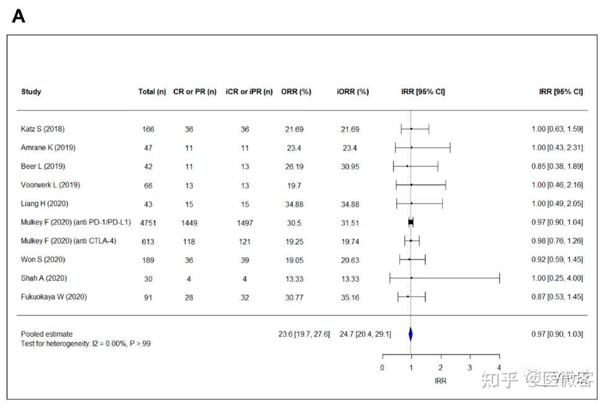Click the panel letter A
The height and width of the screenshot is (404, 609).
19,17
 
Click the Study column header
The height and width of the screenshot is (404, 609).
31,92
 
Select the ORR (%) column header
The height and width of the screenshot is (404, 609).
296,92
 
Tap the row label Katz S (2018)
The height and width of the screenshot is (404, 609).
43,129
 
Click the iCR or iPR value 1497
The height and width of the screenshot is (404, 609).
245,223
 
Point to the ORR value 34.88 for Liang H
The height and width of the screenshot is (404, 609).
295,204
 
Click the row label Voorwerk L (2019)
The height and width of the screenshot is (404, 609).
50,185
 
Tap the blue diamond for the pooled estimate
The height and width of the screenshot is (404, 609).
411,334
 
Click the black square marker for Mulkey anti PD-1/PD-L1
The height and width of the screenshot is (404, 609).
411,222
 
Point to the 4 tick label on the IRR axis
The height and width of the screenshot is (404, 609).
499,367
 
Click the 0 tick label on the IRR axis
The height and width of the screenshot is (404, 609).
382,367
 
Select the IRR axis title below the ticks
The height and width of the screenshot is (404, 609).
440,380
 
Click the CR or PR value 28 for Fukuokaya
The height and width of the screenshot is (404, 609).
189,297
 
